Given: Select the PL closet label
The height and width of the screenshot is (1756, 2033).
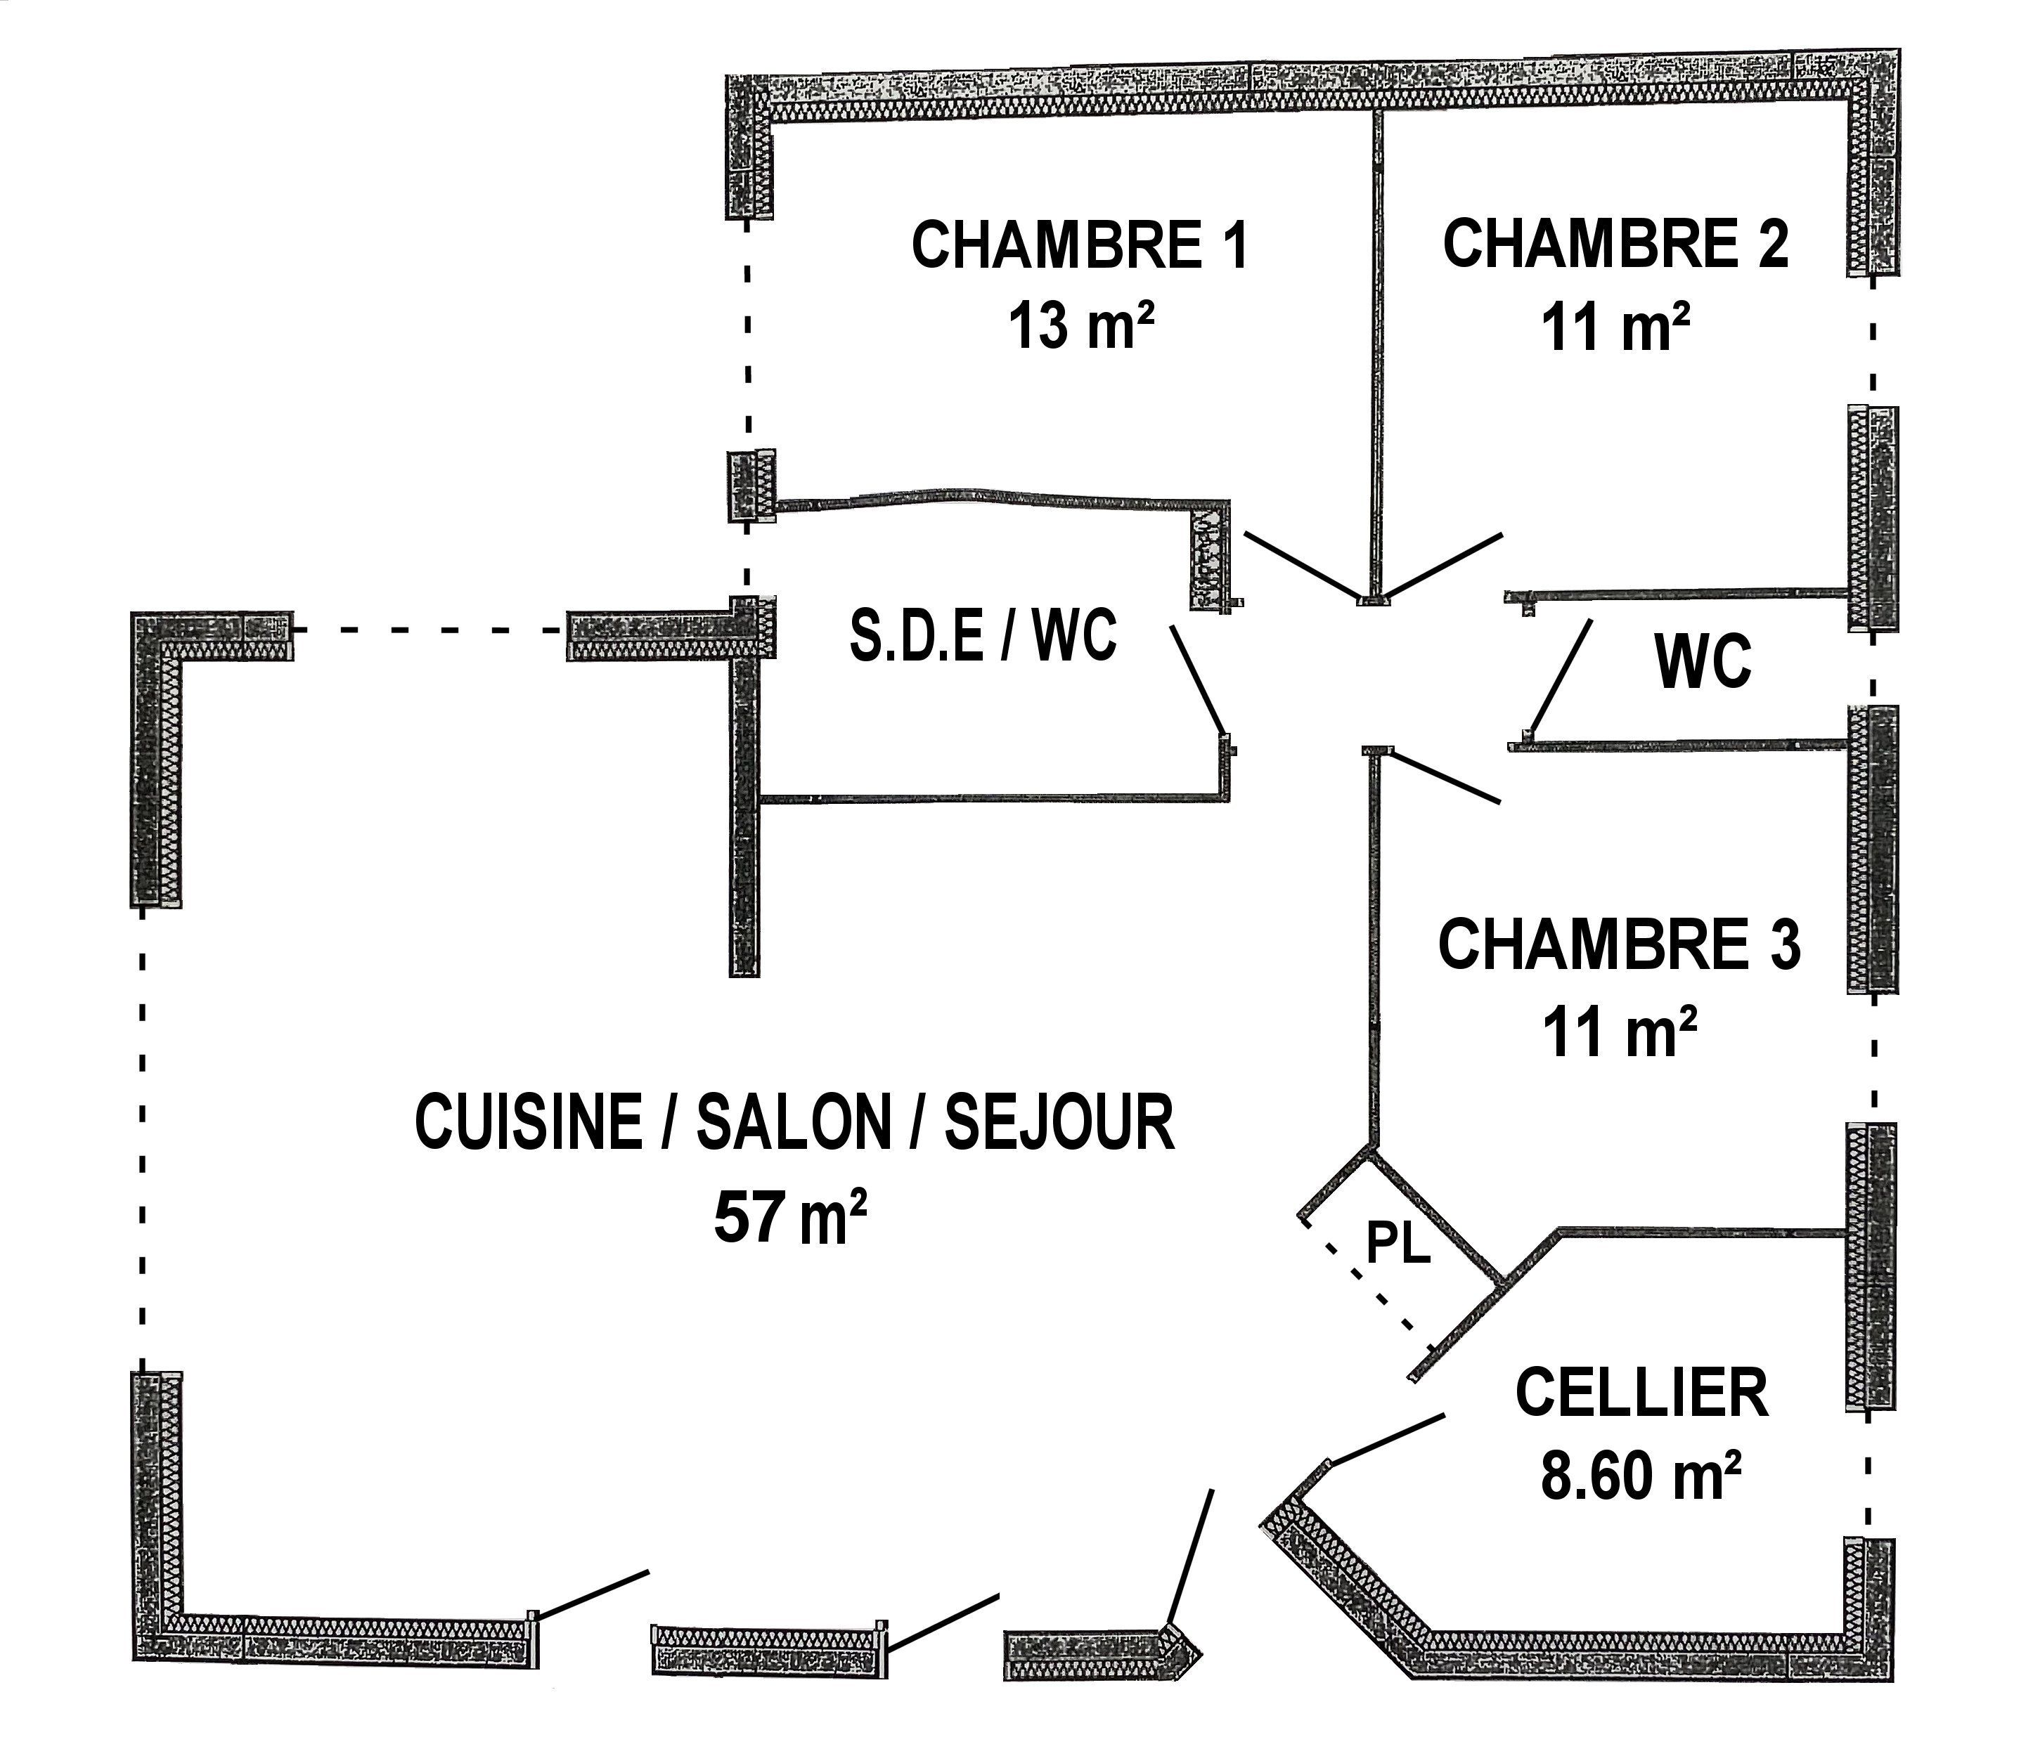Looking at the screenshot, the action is (1399, 1245).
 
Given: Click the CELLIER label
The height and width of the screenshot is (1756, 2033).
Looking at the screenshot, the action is (1641, 1391).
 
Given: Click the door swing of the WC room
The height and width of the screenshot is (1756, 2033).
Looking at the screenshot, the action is (1560, 677).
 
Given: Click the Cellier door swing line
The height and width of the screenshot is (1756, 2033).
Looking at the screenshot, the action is (1386, 1438).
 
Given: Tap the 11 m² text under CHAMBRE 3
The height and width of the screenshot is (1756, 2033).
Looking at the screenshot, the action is (1620, 1032).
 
